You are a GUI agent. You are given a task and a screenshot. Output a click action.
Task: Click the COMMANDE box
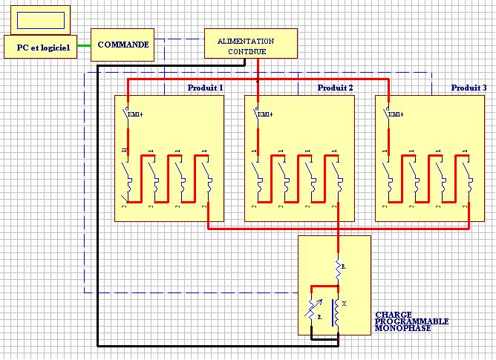123,45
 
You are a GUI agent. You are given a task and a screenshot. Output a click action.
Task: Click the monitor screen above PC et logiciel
38,19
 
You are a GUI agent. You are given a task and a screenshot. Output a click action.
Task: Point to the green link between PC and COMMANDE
82,45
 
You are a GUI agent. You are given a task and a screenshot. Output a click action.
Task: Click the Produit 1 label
206,88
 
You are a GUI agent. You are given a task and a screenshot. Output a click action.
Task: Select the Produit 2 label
335,88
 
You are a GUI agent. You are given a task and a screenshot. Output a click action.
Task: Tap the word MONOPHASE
403,327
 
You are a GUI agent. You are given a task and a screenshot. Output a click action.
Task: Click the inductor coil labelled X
337,313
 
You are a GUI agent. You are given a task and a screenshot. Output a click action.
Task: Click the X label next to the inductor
344,304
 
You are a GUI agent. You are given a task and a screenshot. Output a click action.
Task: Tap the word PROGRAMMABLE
412,321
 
